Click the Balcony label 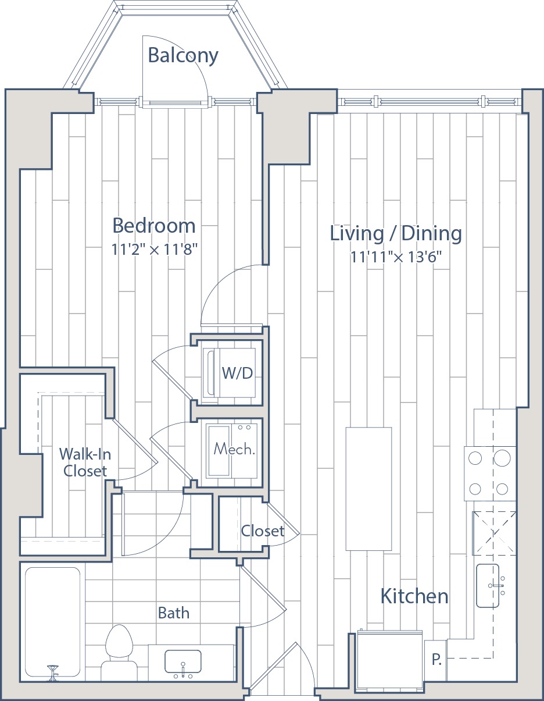(x=183, y=55)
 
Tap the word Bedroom (x=154, y=226)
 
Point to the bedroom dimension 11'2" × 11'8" (x=154, y=250)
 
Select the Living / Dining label (x=396, y=233)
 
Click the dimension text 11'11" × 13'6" (x=396, y=257)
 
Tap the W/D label (x=237, y=373)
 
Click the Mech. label (x=234, y=449)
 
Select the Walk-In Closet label (x=85, y=462)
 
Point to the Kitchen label (x=414, y=596)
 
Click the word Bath (x=173, y=613)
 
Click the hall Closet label (x=262, y=531)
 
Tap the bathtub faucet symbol (x=52, y=672)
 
